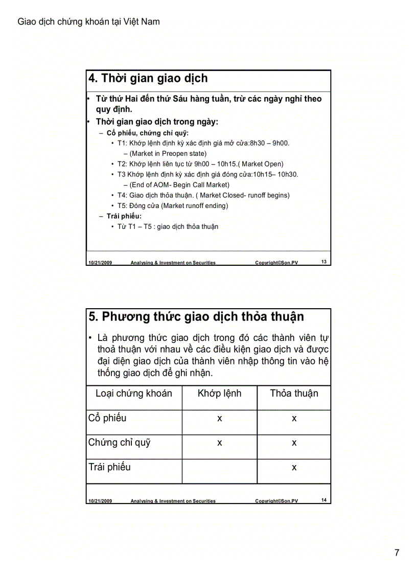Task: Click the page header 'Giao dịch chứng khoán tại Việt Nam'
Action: tap(88, 21)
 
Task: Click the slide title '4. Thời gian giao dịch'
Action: tap(148, 78)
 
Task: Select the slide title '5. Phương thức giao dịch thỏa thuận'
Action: tap(196, 316)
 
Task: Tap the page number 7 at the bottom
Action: tap(397, 553)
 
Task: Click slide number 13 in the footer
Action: tap(324, 262)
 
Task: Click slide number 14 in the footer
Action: tap(324, 500)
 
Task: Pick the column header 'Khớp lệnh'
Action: tap(219, 393)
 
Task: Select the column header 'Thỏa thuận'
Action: tap(294, 393)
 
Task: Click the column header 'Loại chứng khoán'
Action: tap(134, 393)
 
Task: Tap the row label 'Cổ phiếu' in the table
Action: tap(107, 418)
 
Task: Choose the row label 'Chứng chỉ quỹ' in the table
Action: tap(119, 443)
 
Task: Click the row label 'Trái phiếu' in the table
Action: tap(109, 467)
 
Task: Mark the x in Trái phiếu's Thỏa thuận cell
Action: tap(294, 468)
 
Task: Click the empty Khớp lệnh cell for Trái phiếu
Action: tap(219, 471)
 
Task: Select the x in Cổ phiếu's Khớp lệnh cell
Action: tap(219, 419)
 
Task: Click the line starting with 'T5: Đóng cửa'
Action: tap(173, 205)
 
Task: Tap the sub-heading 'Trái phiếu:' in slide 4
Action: tap(124, 216)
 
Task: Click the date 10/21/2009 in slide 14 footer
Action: tap(100, 501)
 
